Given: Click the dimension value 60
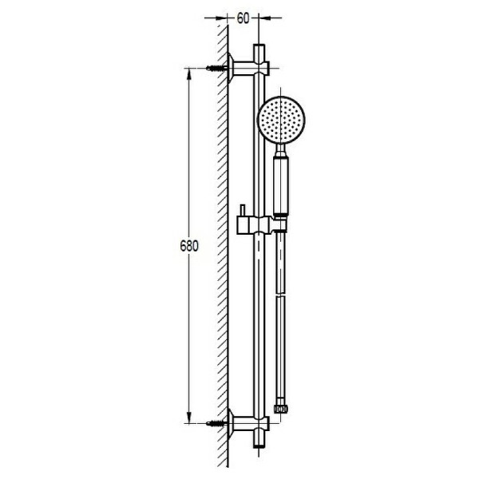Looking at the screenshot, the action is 243,18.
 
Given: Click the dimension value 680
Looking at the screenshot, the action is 189,246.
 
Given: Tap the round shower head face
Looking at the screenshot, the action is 281,120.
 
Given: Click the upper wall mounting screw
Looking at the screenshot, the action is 216,68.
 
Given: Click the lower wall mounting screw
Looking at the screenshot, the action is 216,423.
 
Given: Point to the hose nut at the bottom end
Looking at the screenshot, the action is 281,409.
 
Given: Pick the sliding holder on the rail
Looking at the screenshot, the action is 262,225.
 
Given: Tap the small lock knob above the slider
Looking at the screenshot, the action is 243,211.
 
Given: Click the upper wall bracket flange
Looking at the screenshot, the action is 231,68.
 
